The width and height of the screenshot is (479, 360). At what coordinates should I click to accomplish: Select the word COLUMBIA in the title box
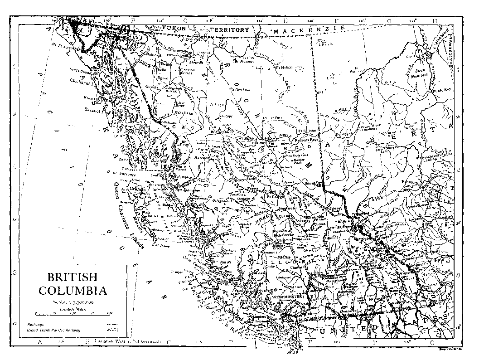point(73,291)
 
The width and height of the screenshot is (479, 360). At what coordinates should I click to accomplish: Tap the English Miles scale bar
point(73,313)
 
